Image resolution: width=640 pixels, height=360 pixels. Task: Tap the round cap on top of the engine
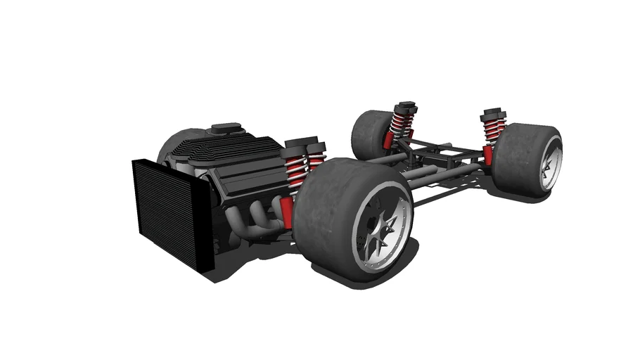[226, 129]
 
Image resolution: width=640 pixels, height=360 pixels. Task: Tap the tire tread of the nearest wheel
[331, 204]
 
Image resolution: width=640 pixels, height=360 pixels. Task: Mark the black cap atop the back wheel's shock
[404, 106]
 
